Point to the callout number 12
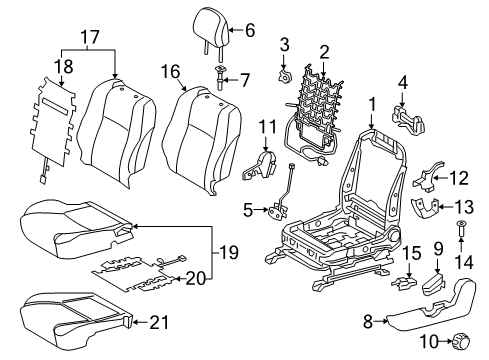pos(458,180)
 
